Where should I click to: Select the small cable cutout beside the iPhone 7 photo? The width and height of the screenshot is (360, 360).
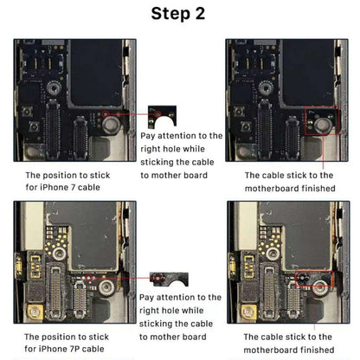coord(159,113)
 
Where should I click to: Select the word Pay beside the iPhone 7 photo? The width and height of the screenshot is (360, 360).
coord(150,136)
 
